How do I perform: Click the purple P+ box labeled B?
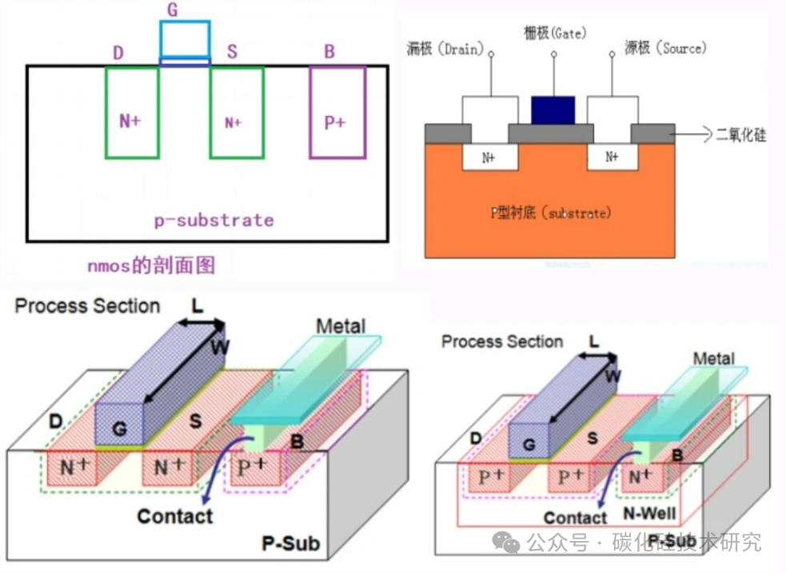337,113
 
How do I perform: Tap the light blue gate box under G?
185,38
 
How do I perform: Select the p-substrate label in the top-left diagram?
213,220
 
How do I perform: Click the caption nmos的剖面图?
151,265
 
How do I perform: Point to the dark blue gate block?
553,109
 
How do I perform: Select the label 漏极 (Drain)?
445,50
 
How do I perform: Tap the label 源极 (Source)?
665,48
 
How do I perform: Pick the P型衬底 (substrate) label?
551,213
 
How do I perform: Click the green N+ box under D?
131,113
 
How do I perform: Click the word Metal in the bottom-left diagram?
341,326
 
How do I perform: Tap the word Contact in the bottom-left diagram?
175,516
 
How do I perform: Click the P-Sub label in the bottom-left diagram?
291,544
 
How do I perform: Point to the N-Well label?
648,512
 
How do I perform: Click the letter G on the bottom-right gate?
529,444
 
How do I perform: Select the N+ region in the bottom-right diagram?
640,478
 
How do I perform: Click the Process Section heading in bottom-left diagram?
87,306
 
